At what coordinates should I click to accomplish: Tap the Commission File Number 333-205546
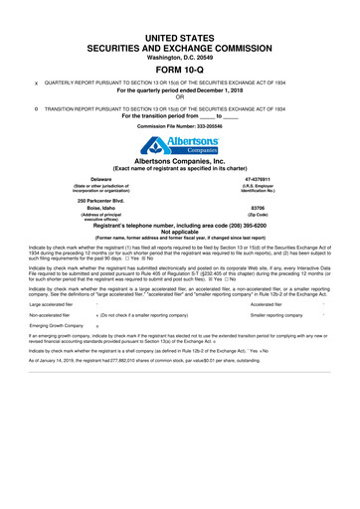click(x=199, y=129)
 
